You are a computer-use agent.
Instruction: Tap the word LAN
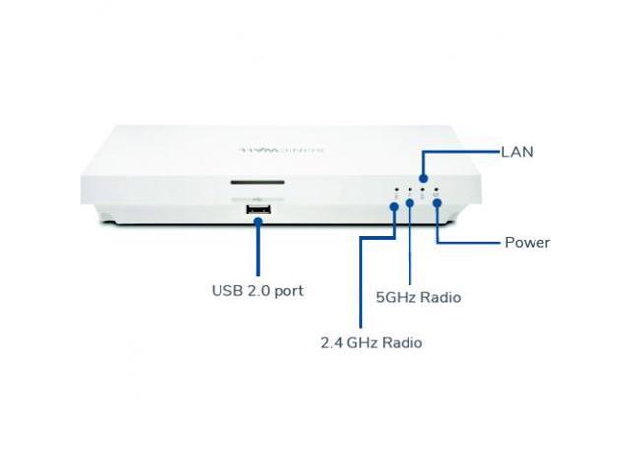[x=517, y=152]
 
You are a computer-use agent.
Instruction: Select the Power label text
[x=527, y=242]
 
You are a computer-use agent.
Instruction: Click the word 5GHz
[x=398, y=296]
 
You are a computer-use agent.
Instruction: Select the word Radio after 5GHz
[x=440, y=296]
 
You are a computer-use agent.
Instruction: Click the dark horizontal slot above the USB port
[x=259, y=182]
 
